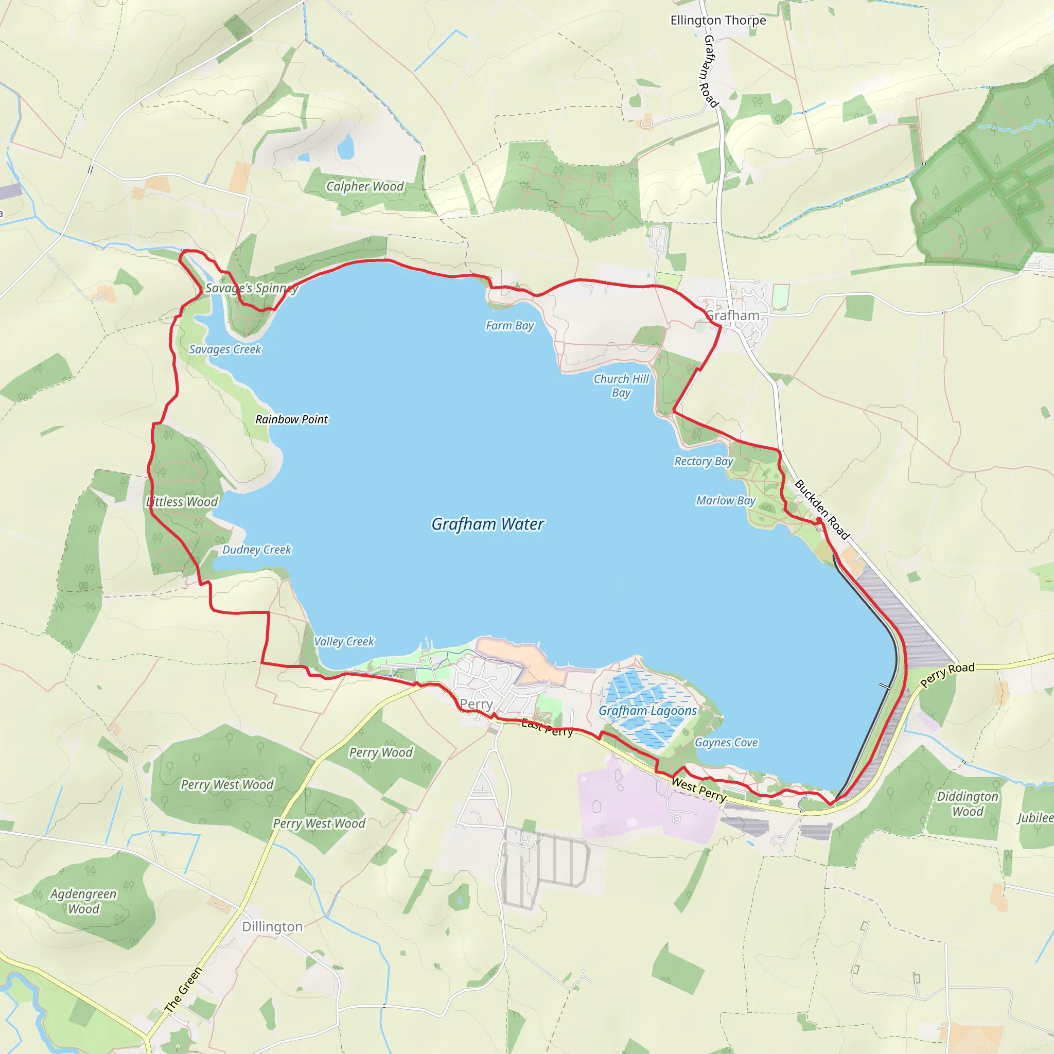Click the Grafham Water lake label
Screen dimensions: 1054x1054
pyautogui.click(x=487, y=524)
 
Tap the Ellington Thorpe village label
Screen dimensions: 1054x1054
pyautogui.click(x=718, y=21)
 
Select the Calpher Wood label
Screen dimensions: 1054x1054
pyautogui.click(x=365, y=187)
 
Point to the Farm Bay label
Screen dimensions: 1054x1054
pyautogui.click(x=510, y=326)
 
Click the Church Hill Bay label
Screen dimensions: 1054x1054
pyautogui.click(x=621, y=385)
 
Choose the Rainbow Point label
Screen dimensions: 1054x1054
pyautogui.click(x=291, y=419)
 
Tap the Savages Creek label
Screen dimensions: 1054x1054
pyautogui.click(x=225, y=349)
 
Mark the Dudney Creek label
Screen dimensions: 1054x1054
pyautogui.click(x=256, y=550)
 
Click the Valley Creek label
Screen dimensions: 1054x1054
pyautogui.click(x=344, y=642)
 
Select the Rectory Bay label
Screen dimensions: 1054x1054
pyautogui.click(x=704, y=462)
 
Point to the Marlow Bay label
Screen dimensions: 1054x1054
pyautogui.click(x=726, y=501)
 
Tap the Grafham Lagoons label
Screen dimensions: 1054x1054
pyautogui.click(x=647, y=711)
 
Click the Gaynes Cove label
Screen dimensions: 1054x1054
pyautogui.click(x=726, y=743)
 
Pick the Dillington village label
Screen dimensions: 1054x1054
pyautogui.click(x=272, y=927)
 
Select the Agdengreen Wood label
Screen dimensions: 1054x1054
pyautogui.click(x=83, y=901)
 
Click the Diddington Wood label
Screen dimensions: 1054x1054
pyautogui.click(x=967, y=803)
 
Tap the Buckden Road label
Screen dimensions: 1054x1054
pyautogui.click(x=821, y=509)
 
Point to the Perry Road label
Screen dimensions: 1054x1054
pyautogui.click(x=947, y=675)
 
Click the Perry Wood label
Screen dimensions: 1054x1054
pyautogui.click(x=381, y=752)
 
